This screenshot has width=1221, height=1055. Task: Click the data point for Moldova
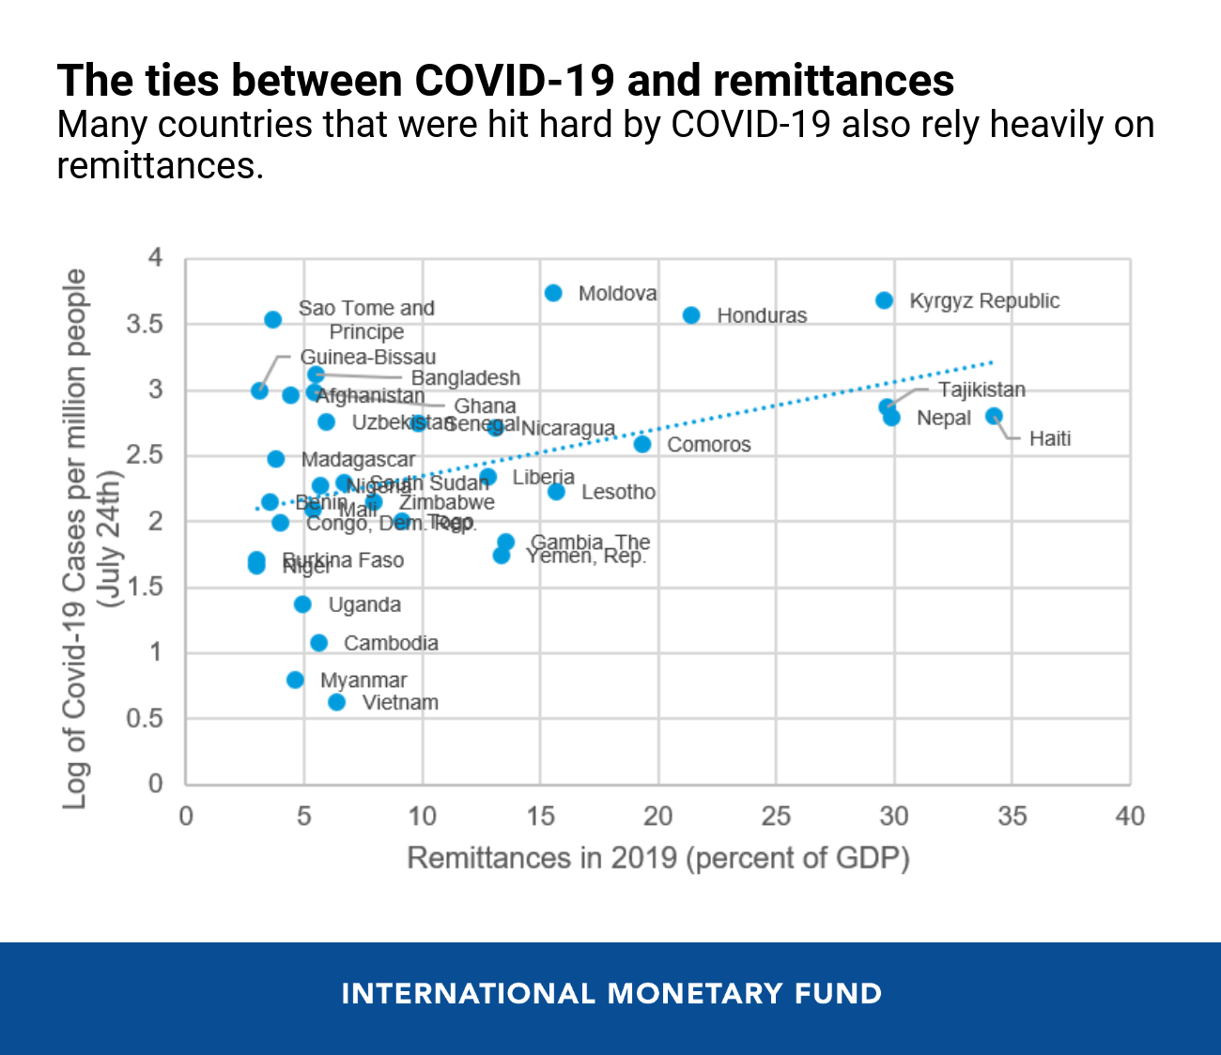tap(553, 293)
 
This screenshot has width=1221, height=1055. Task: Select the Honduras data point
tap(691, 315)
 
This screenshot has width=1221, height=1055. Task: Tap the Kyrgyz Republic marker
tap(884, 300)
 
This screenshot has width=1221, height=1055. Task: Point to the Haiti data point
tap(994, 416)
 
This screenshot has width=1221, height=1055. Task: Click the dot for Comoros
tap(642, 444)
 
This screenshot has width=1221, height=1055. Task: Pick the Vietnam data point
tap(337, 702)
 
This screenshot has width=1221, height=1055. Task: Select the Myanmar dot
tap(295, 680)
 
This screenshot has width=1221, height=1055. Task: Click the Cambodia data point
tap(319, 643)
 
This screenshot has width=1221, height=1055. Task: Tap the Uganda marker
tap(302, 604)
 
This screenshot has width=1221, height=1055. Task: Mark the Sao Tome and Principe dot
tap(273, 319)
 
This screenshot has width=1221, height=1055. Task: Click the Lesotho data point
tap(556, 492)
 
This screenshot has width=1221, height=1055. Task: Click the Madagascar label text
tap(358, 460)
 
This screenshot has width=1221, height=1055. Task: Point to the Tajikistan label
tap(981, 390)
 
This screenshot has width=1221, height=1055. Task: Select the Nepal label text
tap(943, 418)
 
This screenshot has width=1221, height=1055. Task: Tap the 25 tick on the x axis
tap(776, 816)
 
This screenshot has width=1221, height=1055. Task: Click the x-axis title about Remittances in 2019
tap(657, 858)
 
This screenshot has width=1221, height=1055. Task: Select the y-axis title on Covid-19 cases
tap(89, 539)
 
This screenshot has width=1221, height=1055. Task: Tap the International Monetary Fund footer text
tap(611, 993)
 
